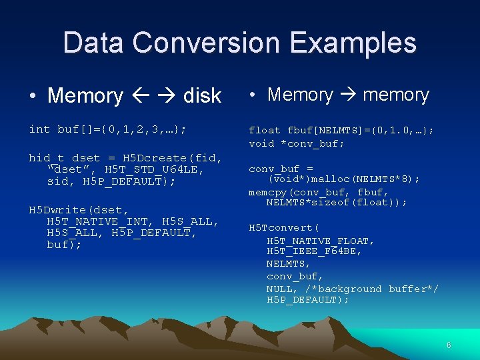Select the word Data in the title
click(x=93, y=43)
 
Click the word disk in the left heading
click(x=201, y=96)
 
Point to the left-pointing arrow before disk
click(x=140, y=96)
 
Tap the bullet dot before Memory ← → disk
click(x=33, y=96)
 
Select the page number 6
click(x=449, y=345)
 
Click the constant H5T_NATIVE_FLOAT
click(x=321, y=241)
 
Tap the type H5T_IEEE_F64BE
click(x=314, y=252)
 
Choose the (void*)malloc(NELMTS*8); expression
click(x=344, y=179)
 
